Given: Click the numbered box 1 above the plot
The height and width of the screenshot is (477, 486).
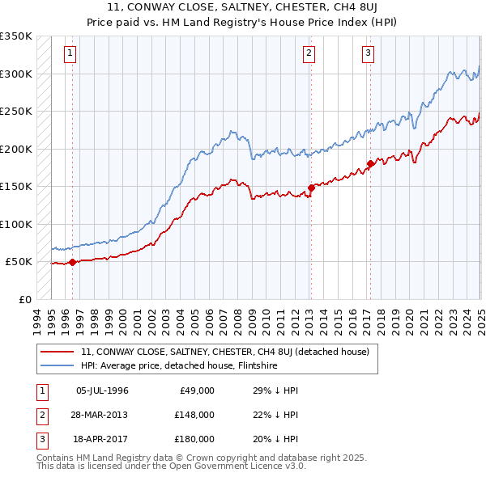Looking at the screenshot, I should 71,54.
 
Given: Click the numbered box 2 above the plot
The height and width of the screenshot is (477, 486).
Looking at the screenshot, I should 309,54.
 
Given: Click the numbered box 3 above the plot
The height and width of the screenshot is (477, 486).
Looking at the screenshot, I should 368,54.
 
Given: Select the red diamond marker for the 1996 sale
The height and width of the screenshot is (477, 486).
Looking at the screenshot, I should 72,262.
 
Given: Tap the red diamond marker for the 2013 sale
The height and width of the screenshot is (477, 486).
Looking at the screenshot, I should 311,188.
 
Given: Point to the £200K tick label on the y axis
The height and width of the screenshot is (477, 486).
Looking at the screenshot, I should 16,149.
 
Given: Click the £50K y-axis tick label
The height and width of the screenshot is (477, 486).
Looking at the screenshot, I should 19,262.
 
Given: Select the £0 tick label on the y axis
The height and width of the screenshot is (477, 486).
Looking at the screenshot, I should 25,299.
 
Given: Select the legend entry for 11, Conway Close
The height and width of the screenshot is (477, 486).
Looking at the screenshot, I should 225,352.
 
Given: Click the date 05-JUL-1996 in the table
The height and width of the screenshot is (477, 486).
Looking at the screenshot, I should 102,390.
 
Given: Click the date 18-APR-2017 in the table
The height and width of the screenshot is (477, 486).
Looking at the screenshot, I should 102,439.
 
